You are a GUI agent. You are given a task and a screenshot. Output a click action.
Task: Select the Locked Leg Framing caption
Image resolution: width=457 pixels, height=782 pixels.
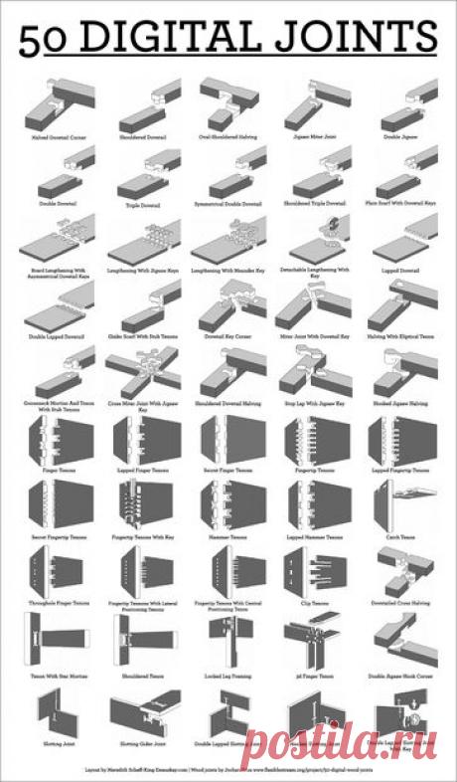(x=228, y=676)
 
